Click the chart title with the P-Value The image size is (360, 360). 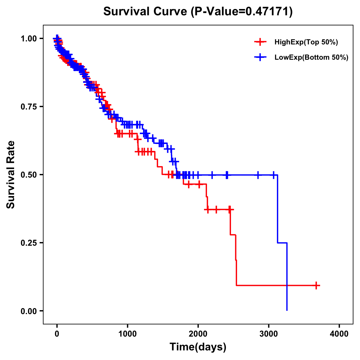pyautogui.click(x=198, y=12)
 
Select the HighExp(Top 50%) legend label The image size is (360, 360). pyautogui.click(x=306, y=42)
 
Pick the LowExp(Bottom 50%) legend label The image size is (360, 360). pyautogui.click(x=311, y=58)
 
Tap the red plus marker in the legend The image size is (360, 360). pyautogui.click(x=260, y=42)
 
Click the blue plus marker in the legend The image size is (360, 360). pyautogui.click(x=260, y=57)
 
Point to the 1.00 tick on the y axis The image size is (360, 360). pyautogui.click(x=29, y=39)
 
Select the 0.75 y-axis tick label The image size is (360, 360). pyautogui.click(x=29, y=107)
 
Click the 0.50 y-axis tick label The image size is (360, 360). pyautogui.click(x=29, y=175)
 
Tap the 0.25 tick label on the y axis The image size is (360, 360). pyautogui.click(x=29, y=243)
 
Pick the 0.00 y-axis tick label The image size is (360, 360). pyautogui.click(x=29, y=311)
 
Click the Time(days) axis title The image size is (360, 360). pyautogui.click(x=198, y=347)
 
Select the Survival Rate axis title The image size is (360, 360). pyautogui.click(x=11, y=175)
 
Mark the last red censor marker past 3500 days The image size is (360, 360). pyautogui.click(x=316, y=285)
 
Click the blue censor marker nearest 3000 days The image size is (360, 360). pyautogui.click(x=273, y=175)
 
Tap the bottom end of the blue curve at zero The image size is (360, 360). pyautogui.click(x=287, y=310)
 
